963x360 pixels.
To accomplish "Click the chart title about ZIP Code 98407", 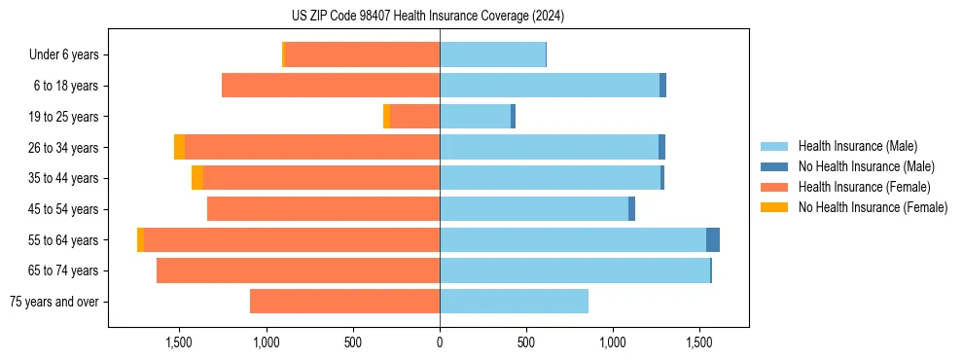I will (x=428, y=17).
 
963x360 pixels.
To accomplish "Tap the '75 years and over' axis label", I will (x=54, y=302).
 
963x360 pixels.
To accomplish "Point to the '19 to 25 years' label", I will (x=65, y=117).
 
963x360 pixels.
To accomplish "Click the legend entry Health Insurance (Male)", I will (x=857, y=146).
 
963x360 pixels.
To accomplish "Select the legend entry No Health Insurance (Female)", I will (x=873, y=207).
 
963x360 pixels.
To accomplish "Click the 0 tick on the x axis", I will (x=440, y=342).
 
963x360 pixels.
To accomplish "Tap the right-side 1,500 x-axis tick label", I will (x=700, y=342).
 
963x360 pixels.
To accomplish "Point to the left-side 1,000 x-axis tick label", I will (x=266, y=342).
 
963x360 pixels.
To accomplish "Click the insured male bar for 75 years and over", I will (x=514, y=302).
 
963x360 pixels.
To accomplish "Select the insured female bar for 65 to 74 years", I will (x=298, y=270).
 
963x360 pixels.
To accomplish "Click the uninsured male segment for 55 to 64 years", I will (x=713, y=239).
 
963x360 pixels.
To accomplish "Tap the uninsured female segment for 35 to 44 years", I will (x=197, y=178).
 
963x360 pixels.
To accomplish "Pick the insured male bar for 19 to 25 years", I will (x=475, y=117).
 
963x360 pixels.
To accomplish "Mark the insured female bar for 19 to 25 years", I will (x=414, y=117).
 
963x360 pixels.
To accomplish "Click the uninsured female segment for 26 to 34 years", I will (x=179, y=147).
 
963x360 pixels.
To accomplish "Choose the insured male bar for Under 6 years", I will (x=492, y=55).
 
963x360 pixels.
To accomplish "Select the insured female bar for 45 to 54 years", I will (x=323, y=209).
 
